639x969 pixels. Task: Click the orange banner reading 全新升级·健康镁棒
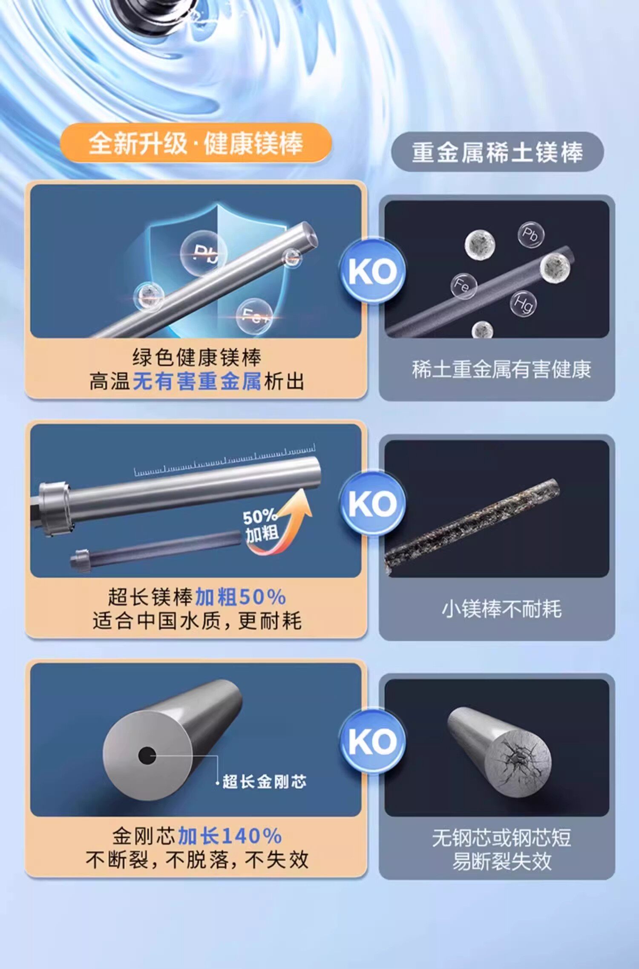[196, 143]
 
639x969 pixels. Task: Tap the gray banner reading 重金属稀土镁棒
[497, 152]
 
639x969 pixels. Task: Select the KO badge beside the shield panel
[373, 271]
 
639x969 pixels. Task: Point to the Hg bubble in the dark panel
[523, 303]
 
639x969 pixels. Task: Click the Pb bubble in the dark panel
[531, 234]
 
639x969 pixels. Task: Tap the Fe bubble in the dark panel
[463, 286]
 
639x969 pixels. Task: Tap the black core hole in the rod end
[147, 756]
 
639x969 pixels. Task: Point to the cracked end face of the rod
[518, 760]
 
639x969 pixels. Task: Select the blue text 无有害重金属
[197, 381]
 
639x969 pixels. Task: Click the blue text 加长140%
[230, 836]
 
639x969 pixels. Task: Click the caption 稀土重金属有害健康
[501, 369]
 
